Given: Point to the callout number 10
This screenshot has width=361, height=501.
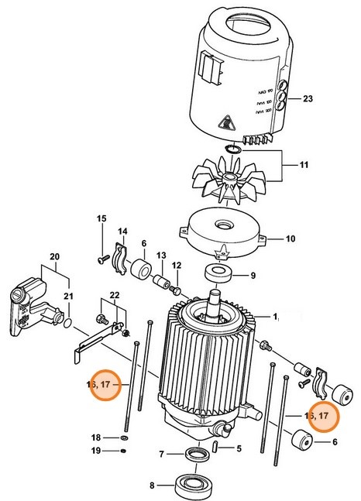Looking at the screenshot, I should pos(290,238).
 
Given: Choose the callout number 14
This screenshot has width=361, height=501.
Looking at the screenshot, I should pos(122,232).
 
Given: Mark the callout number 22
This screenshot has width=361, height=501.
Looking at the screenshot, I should pos(114,297).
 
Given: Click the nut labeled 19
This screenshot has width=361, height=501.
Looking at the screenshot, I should pos(125,451).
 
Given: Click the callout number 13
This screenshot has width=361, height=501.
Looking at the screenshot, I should pos(162,255).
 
